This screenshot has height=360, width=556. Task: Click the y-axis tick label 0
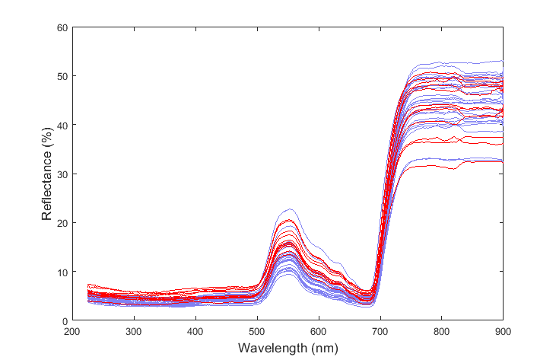(64, 320)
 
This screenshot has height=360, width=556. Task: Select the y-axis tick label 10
(61, 272)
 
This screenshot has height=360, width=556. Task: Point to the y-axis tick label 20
(61, 223)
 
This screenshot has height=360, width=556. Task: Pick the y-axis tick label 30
(61, 174)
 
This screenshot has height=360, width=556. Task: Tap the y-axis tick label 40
(61, 125)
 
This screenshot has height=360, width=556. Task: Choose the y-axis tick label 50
(61, 76)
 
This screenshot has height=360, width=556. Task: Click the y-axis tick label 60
(61, 28)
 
